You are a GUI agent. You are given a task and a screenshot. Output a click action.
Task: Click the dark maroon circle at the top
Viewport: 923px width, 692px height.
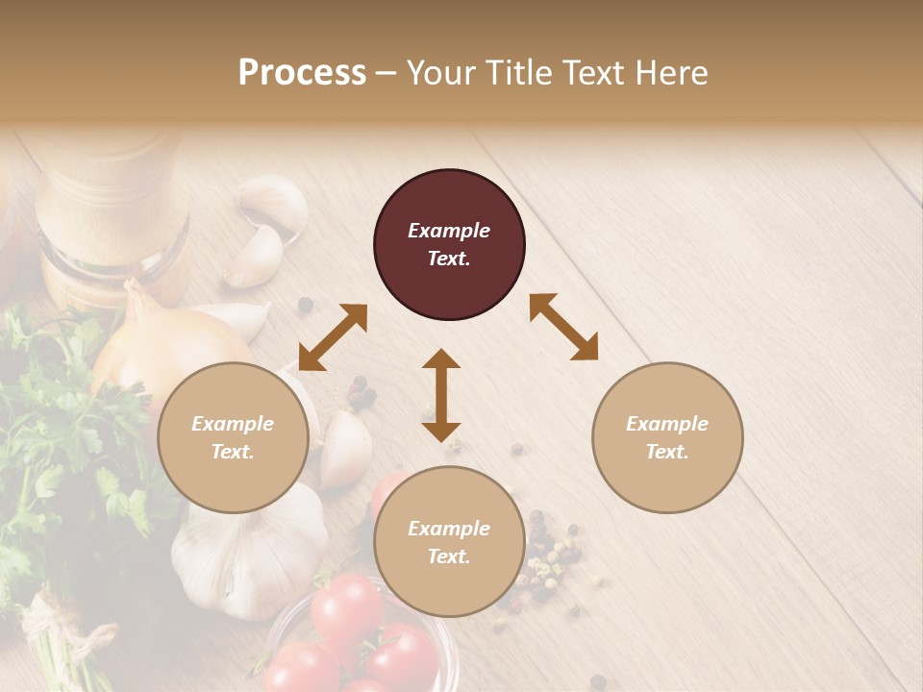pos(449,245)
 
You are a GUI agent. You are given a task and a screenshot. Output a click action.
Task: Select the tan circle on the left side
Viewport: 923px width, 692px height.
pos(233,437)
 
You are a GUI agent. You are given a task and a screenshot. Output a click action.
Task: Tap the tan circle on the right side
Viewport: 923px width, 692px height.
pos(667,437)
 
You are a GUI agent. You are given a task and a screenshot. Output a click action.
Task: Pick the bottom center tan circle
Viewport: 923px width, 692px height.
pos(449,542)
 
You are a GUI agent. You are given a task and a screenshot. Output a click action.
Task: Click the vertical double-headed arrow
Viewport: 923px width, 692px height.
pos(441,395)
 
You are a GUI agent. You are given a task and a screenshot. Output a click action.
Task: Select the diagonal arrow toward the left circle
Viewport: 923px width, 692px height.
pos(333,337)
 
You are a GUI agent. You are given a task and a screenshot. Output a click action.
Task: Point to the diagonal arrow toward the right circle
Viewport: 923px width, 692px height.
pos(563,327)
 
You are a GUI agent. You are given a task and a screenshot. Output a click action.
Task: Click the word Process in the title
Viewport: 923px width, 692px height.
pos(302,73)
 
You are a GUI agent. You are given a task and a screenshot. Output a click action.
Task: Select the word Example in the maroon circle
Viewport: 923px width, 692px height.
pos(449,231)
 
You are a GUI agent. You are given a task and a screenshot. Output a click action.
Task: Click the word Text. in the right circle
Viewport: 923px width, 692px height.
pos(667,452)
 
